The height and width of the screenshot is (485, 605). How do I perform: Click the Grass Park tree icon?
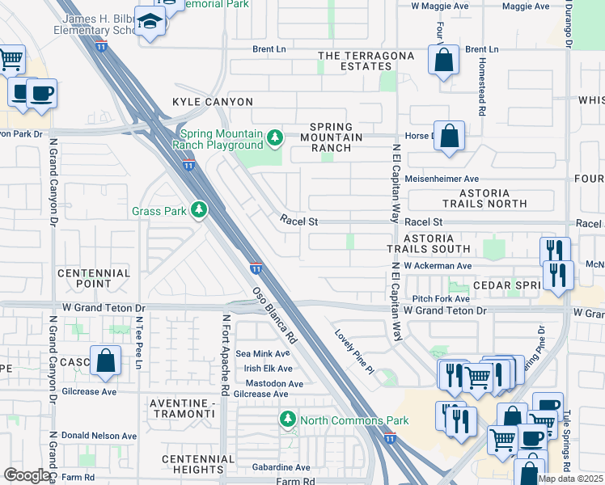click(x=199, y=211)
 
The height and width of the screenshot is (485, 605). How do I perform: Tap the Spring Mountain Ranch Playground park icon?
click(x=275, y=138)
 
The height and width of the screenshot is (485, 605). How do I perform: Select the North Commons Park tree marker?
click(x=287, y=420)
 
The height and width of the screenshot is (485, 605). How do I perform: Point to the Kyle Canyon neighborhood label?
click(x=213, y=102)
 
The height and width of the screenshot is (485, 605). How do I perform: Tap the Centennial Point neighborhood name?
click(x=94, y=278)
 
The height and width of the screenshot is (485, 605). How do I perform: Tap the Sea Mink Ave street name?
click(x=261, y=353)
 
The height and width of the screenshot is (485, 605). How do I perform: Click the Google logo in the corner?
click(x=27, y=475)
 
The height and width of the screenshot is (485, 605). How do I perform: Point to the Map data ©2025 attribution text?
click(x=571, y=479)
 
